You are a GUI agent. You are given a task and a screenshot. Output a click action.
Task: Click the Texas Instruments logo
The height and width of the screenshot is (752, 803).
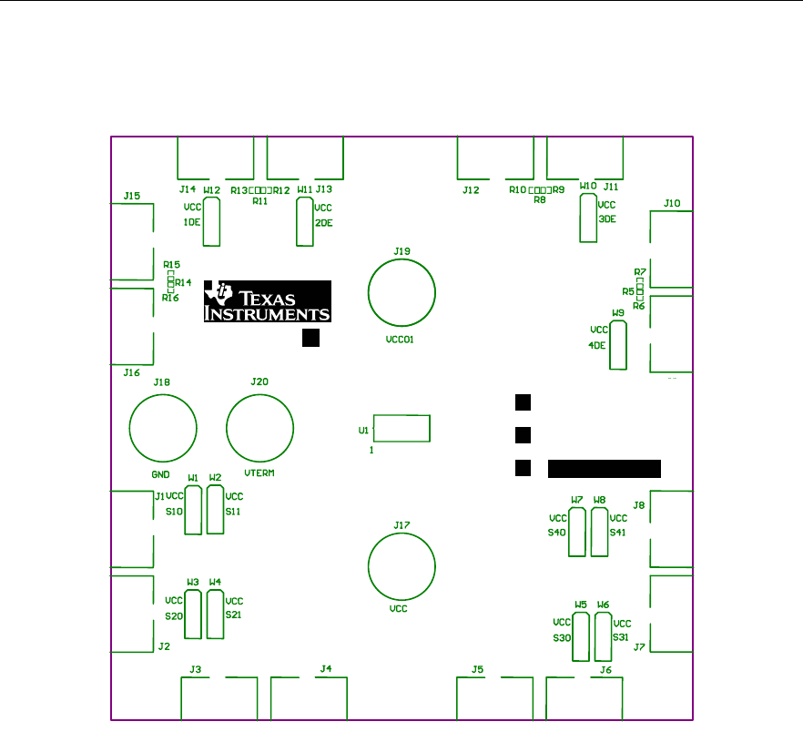pos(267,301)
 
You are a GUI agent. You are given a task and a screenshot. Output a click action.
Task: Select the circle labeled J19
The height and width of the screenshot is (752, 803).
pos(401,292)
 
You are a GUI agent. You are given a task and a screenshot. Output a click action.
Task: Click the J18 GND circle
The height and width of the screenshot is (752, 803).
pos(164,428)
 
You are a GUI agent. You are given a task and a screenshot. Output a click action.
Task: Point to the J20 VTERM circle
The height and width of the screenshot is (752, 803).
pos(260,428)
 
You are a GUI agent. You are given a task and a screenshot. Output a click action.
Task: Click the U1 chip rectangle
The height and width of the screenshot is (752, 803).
pos(401,428)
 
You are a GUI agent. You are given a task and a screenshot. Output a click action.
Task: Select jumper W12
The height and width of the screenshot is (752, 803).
pos(211,222)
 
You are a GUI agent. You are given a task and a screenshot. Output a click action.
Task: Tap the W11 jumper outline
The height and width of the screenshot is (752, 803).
pos(305,222)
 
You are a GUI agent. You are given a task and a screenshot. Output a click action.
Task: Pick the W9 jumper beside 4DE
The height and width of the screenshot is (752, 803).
pos(618,345)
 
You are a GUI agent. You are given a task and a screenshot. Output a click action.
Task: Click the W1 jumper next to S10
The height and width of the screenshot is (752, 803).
pos(193,508)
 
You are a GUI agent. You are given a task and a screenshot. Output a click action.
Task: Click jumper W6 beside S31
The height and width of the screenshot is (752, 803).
pos(603,636)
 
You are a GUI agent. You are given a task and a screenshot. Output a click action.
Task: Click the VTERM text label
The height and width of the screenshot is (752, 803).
pos(260,474)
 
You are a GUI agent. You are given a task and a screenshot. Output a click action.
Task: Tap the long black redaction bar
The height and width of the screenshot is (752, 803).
pos(605,469)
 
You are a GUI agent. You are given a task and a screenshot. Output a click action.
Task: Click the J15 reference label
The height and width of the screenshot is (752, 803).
pos(132,196)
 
